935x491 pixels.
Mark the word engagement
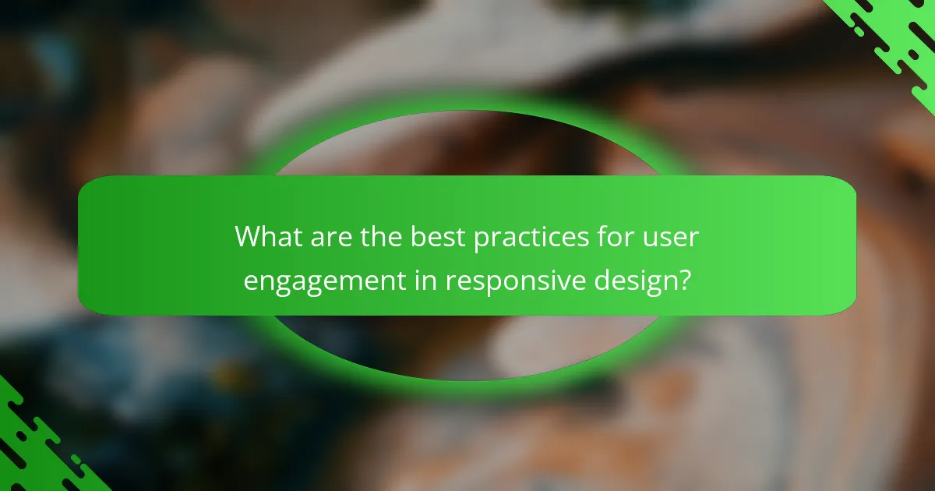pyautogui.click(x=326, y=281)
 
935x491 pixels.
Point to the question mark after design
pyautogui.click(x=683, y=279)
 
